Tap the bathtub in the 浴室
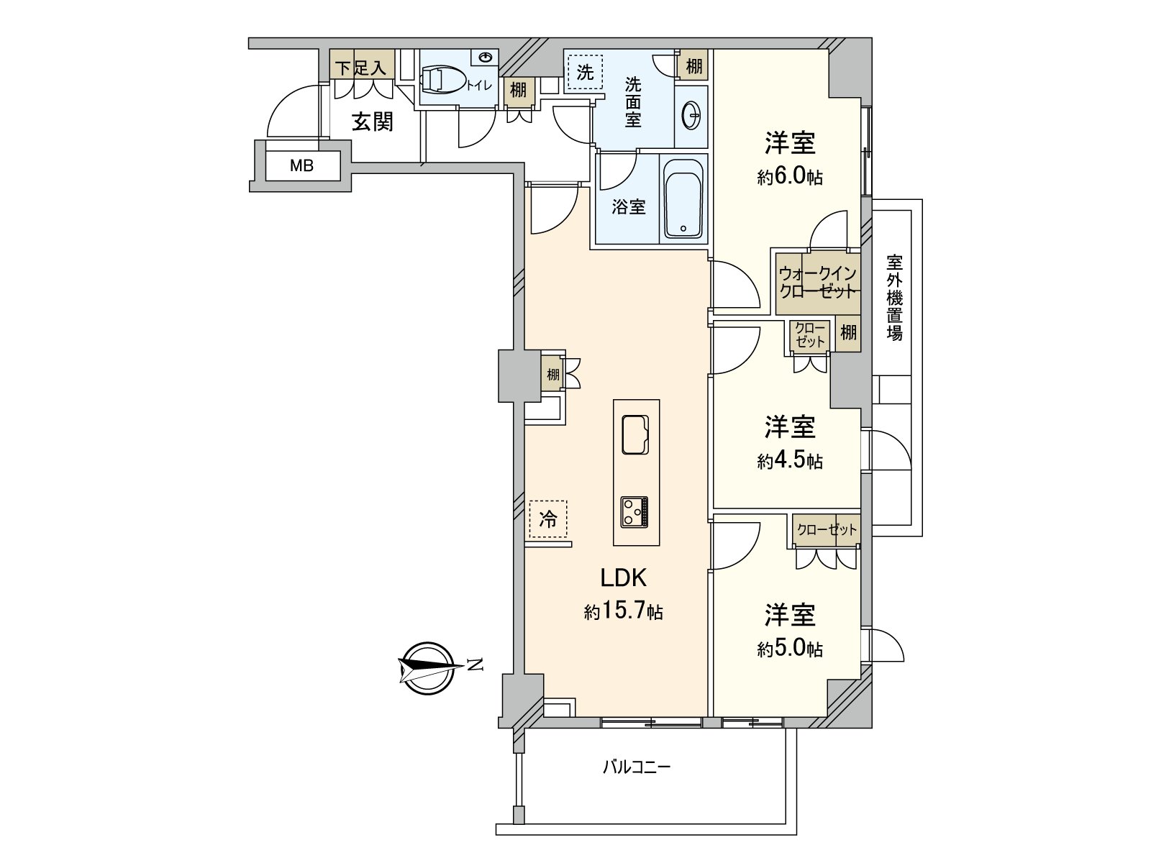[683, 198]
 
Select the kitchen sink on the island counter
[635, 434]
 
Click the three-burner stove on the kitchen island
[634, 511]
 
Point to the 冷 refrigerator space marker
[548, 519]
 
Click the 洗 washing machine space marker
[586, 72]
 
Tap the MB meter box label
[301, 166]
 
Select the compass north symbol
[429, 665]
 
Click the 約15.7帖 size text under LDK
[623, 613]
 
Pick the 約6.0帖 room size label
[790, 178]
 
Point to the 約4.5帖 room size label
[790, 461]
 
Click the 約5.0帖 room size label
[790, 649]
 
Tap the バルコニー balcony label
[636, 767]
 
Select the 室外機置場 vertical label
[894, 298]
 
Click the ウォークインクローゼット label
[818, 283]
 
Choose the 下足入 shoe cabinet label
[362, 68]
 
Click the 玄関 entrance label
[373, 121]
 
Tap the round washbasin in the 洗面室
[692, 115]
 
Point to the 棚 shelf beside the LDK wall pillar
[552, 374]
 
